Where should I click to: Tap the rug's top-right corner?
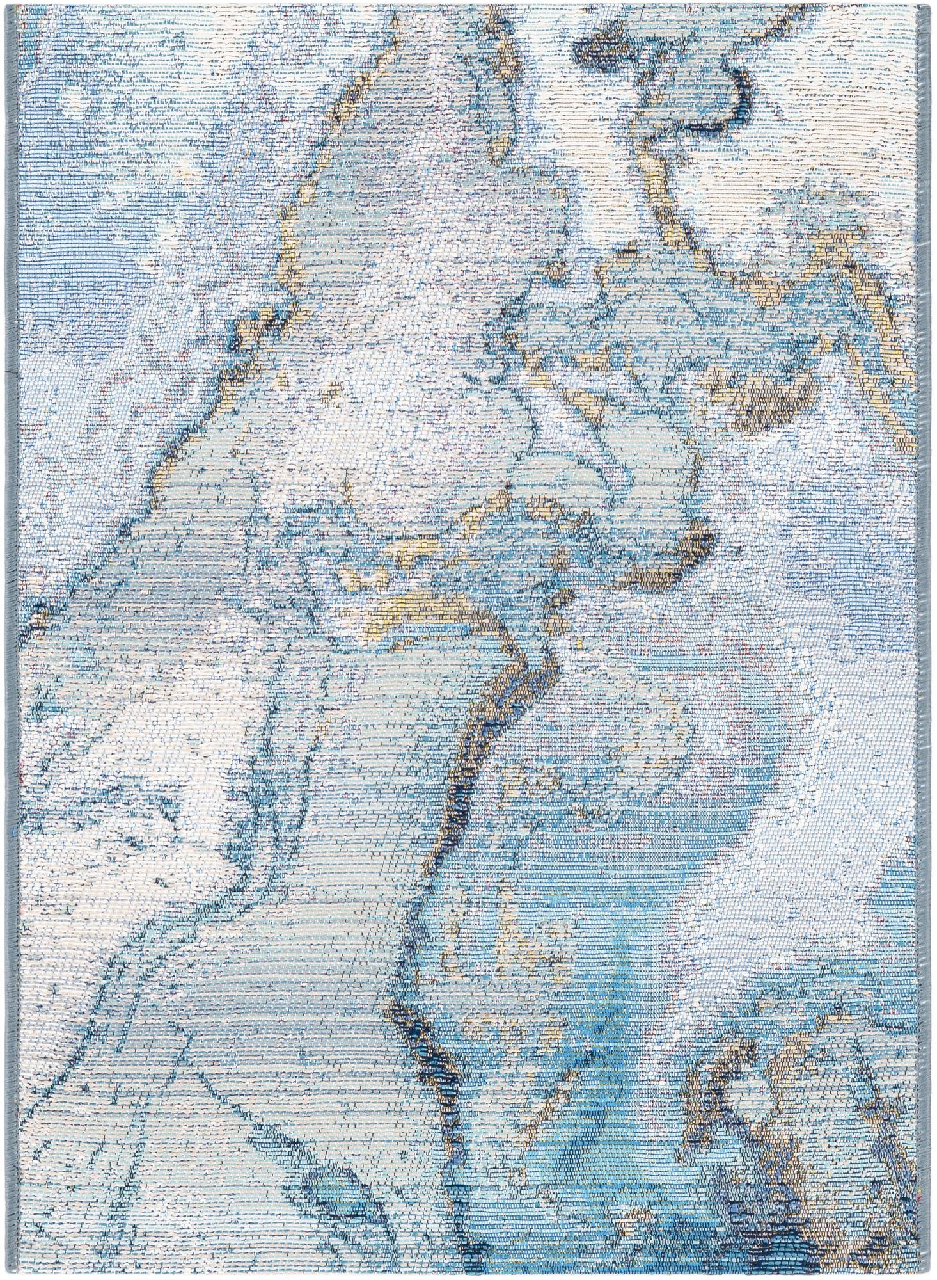pyautogui.click(x=930, y=3)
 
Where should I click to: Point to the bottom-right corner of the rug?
pyautogui.click(x=931, y=1277)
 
